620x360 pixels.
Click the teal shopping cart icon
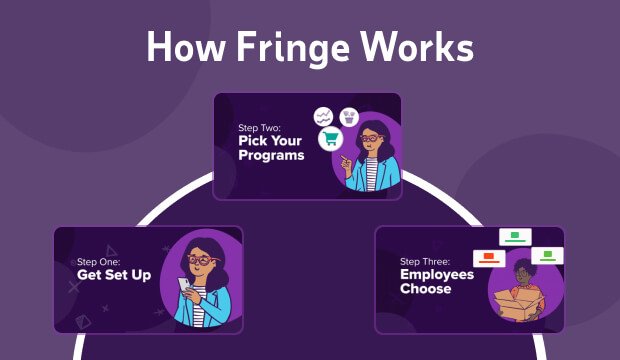coord(331,139)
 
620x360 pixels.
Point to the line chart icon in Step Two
coord(323,116)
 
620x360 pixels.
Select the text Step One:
coord(99,261)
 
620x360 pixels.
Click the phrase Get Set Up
coord(114,274)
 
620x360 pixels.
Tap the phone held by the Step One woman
coord(184,286)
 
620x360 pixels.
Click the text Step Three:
coord(424,260)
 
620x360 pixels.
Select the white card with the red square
coord(489,259)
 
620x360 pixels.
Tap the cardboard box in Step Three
coord(521,305)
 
